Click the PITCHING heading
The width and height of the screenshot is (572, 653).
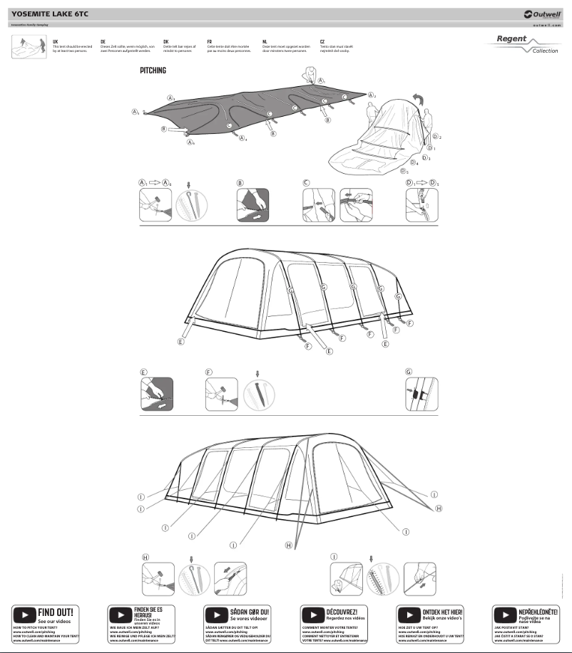pos(153,71)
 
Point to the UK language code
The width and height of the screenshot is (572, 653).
pos(56,42)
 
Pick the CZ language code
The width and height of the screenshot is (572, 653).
pos(322,42)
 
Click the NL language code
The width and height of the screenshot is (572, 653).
pos(265,42)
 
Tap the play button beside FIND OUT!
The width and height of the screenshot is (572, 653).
pos(24,615)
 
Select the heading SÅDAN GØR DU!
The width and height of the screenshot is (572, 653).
pos(249,611)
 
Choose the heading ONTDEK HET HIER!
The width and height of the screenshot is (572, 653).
pos(442,612)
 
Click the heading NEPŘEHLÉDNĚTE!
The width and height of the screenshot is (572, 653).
pos(538,611)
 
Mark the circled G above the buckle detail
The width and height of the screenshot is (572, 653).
pos(409,372)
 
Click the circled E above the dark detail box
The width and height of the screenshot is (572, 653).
pos(143,372)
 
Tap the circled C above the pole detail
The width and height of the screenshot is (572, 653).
pos(306,182)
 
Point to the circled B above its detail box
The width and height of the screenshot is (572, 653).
pos(240,182)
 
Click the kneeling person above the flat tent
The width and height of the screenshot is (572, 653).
pos(309,75)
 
